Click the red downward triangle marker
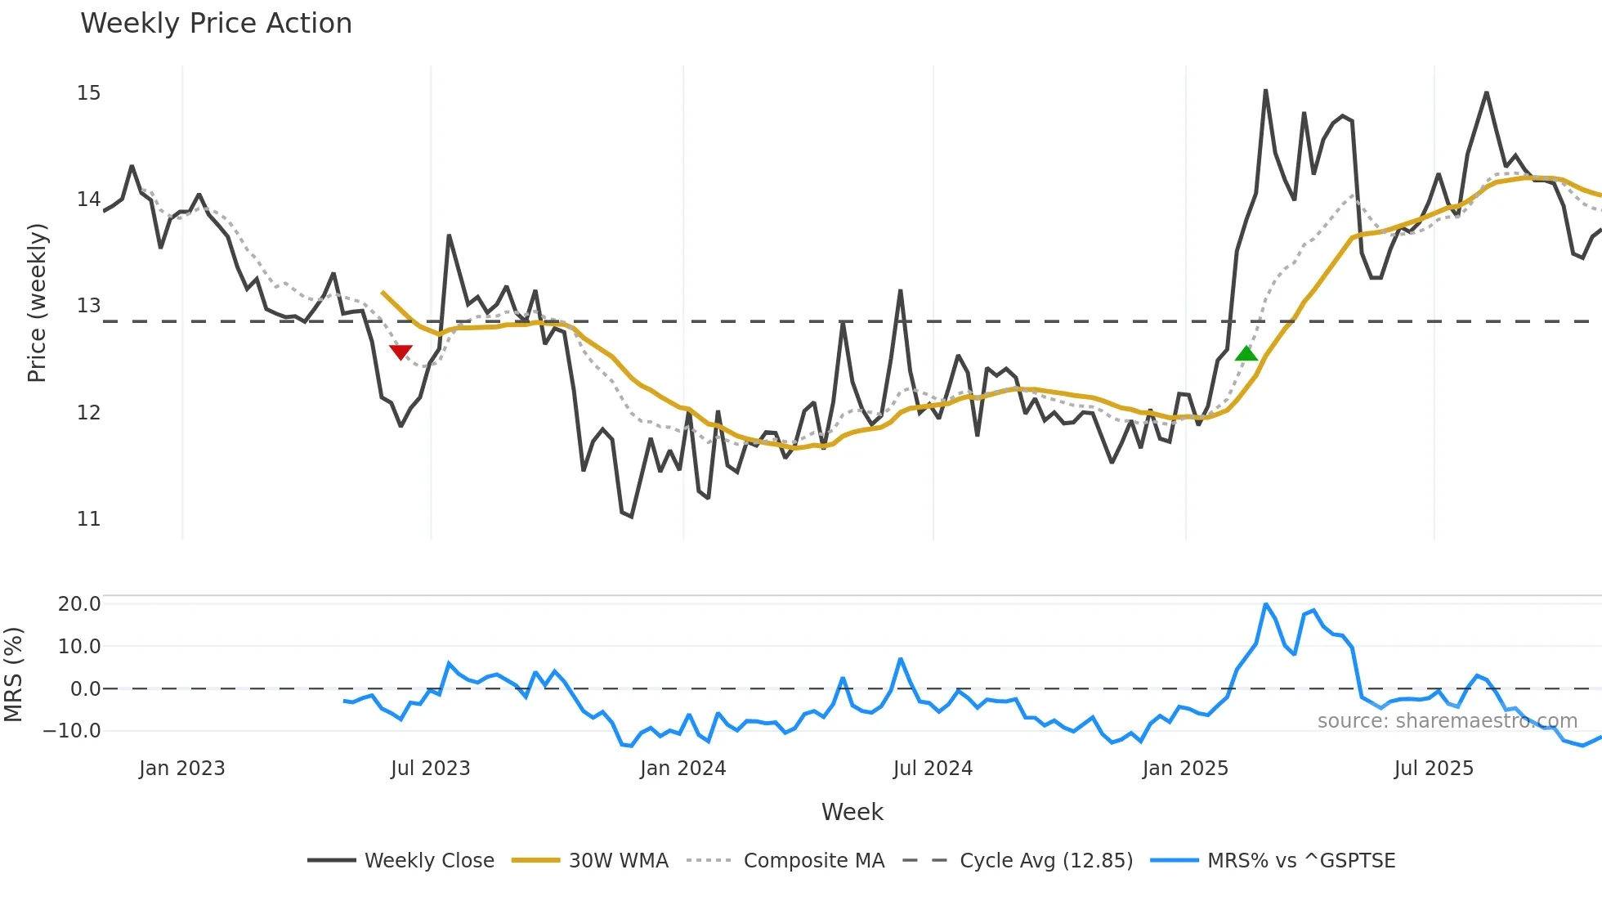pos(400,352)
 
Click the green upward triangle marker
pos(1246,353)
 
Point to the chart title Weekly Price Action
pos(217,24)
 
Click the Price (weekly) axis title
pos(37,303)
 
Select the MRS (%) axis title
pos(14,675)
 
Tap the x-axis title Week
pos(852,812)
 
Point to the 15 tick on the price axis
pos(89,93)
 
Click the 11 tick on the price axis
pos(89,518)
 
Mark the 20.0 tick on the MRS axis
pos(79,604)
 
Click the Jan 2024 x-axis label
pos(682,769)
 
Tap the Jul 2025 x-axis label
pos(1434,769)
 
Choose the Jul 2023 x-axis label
pos(430,769)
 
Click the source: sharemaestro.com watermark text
pos(1447,721)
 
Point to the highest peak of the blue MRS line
pos(1265,604)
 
